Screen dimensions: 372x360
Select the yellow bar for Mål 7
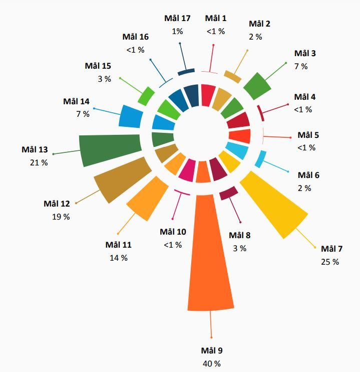point(275,206)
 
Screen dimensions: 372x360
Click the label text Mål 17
point(177,19)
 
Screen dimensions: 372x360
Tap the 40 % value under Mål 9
point(211,364)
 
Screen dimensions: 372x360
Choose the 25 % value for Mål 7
point(330,262)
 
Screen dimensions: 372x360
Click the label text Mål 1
point(216,19)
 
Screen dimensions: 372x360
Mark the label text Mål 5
point(308,135)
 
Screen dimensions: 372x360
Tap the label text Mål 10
point(173,232)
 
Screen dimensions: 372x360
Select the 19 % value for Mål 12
point(61,217)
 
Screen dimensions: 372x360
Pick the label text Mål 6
point(308,175)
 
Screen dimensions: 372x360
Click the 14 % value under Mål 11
point(119,258)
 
